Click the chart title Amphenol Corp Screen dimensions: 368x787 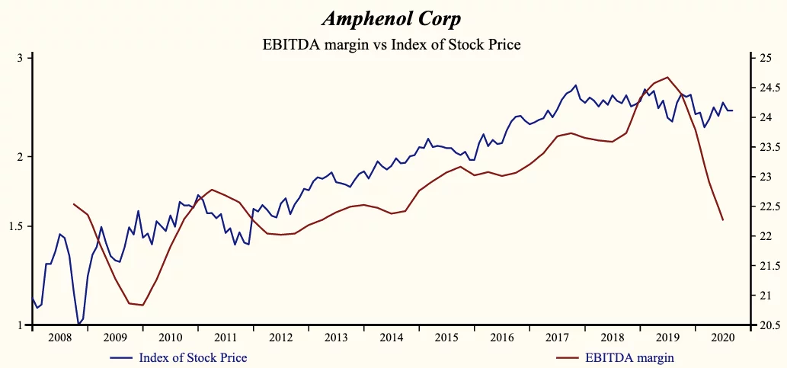(391, 18)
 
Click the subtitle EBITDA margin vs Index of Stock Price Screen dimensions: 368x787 (391, 44)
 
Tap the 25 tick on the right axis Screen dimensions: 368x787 (762, 58)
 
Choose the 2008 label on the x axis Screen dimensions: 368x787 (59, 337)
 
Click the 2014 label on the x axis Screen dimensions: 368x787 (392, 337)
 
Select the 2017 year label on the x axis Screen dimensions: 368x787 (558, 337)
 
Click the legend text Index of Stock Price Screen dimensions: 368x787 (193, 357)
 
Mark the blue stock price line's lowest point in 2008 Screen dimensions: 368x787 (78, 325)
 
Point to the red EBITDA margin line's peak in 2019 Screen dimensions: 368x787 (668, 77)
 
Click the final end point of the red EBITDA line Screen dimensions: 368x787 (722, 220)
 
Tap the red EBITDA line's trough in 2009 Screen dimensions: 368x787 (142, 305)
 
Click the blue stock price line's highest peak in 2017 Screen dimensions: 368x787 (576, 85)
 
